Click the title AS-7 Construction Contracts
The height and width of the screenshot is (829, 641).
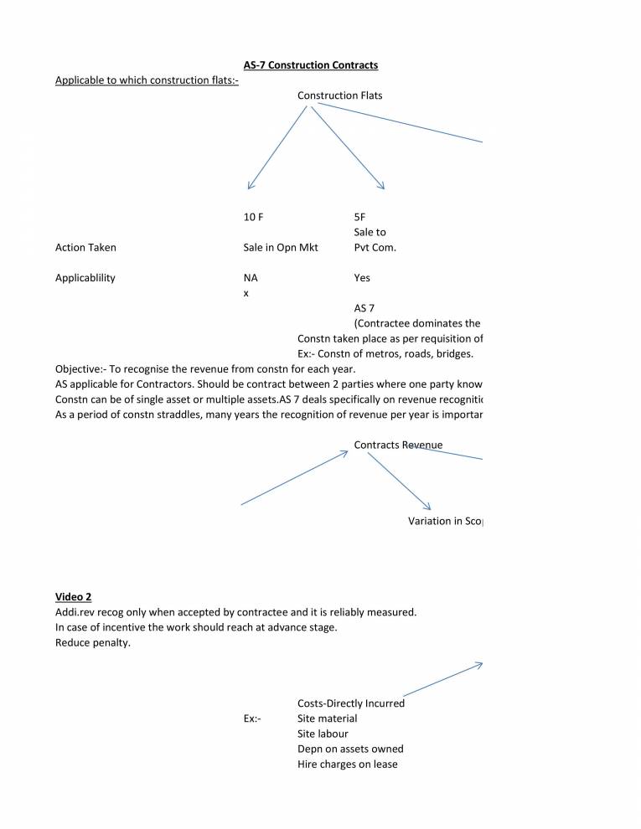310,64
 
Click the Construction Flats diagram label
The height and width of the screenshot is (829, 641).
339,95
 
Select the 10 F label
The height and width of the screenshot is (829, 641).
253,217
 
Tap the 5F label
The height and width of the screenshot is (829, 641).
360,217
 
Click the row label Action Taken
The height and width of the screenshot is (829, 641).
85,248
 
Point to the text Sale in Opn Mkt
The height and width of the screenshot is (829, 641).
281,248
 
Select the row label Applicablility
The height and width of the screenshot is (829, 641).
85,278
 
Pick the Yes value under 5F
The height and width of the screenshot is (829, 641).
362,278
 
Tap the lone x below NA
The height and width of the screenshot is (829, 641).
246,293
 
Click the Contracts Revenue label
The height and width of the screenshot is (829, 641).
398,445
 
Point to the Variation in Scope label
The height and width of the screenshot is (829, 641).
445,521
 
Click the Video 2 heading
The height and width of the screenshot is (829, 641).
74,597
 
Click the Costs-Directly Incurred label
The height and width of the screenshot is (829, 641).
350,703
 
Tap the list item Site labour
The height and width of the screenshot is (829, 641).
323,734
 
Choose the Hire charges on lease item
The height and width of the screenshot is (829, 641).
347,765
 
